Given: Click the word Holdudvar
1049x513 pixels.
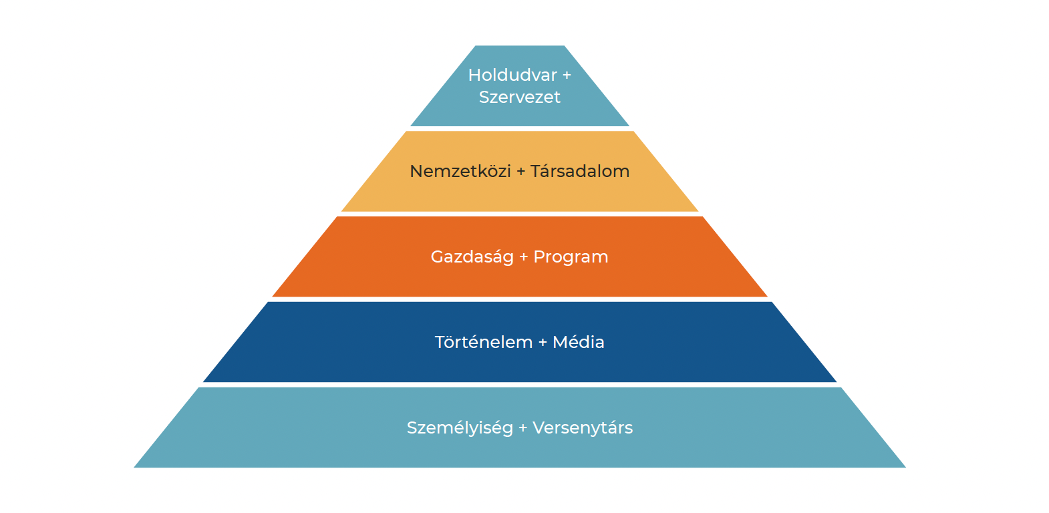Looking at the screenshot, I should [x=512, y=75].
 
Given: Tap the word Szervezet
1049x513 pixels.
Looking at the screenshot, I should [x=519, y=97].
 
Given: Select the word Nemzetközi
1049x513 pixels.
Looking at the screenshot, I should [x=460, y=171].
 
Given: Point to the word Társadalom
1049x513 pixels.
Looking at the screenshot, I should [x=579, y=171].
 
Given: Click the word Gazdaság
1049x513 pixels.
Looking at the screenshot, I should [x=472, y=256].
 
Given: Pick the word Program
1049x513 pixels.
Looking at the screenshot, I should [x=571, y=256].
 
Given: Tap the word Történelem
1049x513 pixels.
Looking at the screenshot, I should [x=483, y=342].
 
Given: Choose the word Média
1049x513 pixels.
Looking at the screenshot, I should [x=578, y=342].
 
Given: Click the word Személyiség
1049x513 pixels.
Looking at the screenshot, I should [x=460, y=427].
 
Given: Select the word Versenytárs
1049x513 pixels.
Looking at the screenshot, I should [x=582, y=427].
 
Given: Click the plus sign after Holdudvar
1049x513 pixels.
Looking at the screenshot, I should [x=567, y=75].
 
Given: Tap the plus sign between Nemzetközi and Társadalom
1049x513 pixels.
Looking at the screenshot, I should [x=520, y=172].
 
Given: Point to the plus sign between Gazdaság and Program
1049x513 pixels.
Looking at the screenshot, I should [x=523, y=257].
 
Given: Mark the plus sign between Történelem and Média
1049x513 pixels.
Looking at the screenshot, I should [x=543, y=343].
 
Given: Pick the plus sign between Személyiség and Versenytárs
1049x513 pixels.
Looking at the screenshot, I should [x=522, y=428].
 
